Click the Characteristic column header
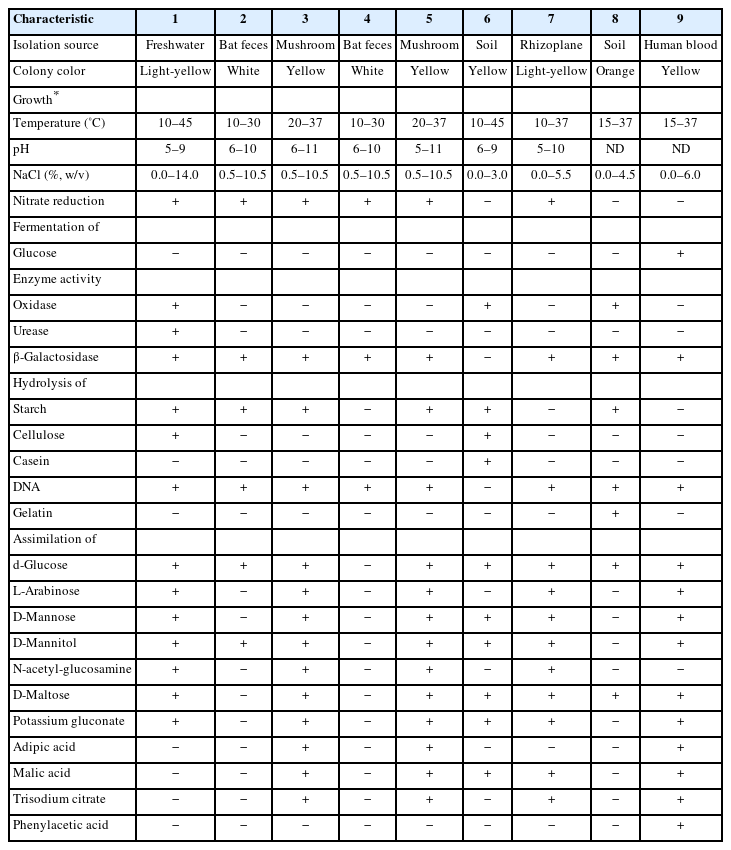pos(53,19)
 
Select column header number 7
pos(553,19)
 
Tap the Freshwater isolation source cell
pos(176,45)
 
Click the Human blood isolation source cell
pos(681,45)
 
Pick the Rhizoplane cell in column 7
pos(553,45)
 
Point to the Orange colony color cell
pos(616,71)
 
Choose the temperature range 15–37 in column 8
pos(616,123)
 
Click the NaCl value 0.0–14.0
pos(176,175)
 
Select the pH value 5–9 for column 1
pos(176,149)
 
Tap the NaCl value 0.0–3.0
pos(487,175)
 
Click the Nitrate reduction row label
pos(59,201)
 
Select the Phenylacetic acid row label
pos(61,825)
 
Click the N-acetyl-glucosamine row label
pos(71,669)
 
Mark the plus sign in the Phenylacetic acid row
pos(681,825)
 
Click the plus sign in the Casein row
pos(487,461)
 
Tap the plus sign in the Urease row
pos(176,331)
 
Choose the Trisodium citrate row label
pos(59,799)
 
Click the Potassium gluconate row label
pos(65,721)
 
